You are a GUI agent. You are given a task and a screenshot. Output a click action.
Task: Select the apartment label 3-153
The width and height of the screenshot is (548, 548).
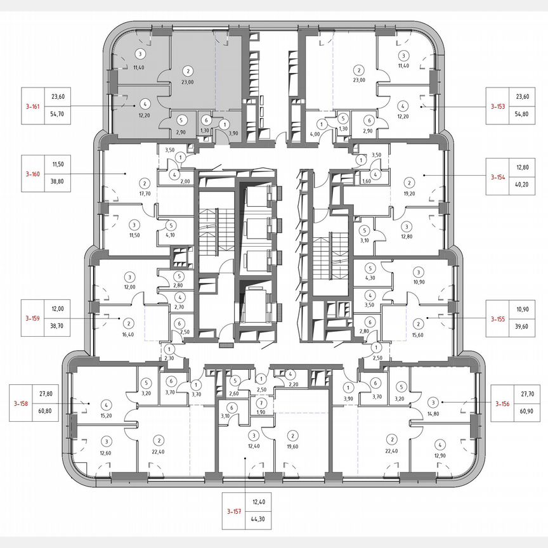click(497, 107)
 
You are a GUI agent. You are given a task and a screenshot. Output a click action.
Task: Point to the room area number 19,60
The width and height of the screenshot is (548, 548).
click(292, 446)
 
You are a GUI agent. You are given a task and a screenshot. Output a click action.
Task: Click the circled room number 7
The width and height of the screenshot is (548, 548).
click(261, 404)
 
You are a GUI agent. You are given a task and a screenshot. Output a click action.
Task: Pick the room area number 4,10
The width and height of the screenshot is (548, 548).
click(170, 235)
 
